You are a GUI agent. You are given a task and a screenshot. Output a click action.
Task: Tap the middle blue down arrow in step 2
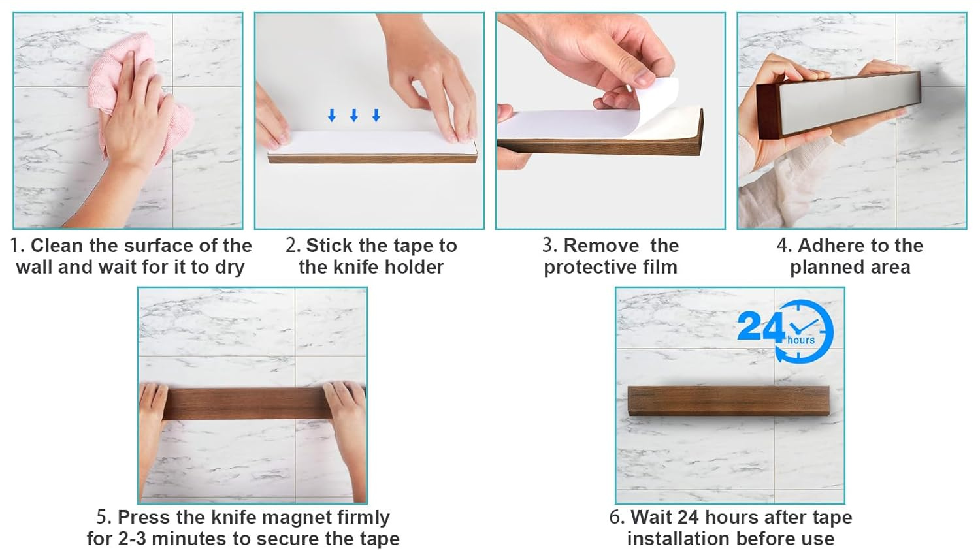coord(354,116)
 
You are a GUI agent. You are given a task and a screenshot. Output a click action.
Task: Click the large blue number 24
coord(760,326)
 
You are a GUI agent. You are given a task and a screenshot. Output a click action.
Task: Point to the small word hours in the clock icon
coord(801,340)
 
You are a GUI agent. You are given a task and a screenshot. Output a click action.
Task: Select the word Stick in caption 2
coord(329,246)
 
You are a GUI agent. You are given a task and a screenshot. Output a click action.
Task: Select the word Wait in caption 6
coord(651,517)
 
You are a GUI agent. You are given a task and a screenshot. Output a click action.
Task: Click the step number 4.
coord(782,246)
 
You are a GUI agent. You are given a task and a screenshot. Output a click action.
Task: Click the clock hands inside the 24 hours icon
coord(803,326)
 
